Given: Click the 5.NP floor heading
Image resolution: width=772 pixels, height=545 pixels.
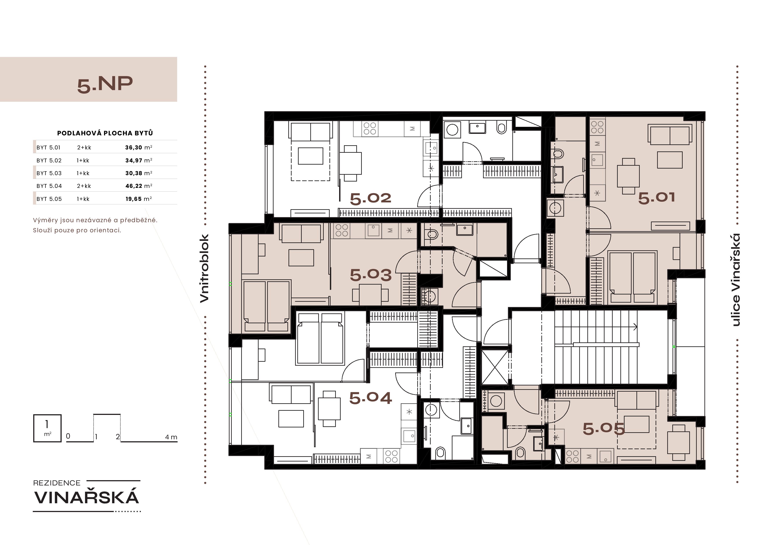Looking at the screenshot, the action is [105, 84].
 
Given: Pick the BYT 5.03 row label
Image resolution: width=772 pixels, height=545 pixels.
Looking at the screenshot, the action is [49, 173].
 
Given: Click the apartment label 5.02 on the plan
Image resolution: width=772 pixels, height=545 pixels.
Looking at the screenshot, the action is [371, 198].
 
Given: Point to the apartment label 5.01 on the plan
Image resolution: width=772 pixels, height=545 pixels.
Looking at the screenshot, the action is [656, 197].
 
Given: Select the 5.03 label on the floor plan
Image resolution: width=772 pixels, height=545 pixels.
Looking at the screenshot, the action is [371, 275].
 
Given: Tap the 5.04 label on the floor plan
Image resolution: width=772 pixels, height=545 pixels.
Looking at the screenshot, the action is [371, 398].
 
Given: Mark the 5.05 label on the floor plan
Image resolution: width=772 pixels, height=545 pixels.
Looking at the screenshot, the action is [604, 429].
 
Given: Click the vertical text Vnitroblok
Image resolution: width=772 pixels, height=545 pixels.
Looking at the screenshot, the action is [204, 268].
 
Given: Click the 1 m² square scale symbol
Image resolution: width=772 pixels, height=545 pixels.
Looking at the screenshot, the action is [47, 428].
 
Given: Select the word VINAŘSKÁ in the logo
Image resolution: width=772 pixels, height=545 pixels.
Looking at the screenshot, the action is [87, 497].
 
